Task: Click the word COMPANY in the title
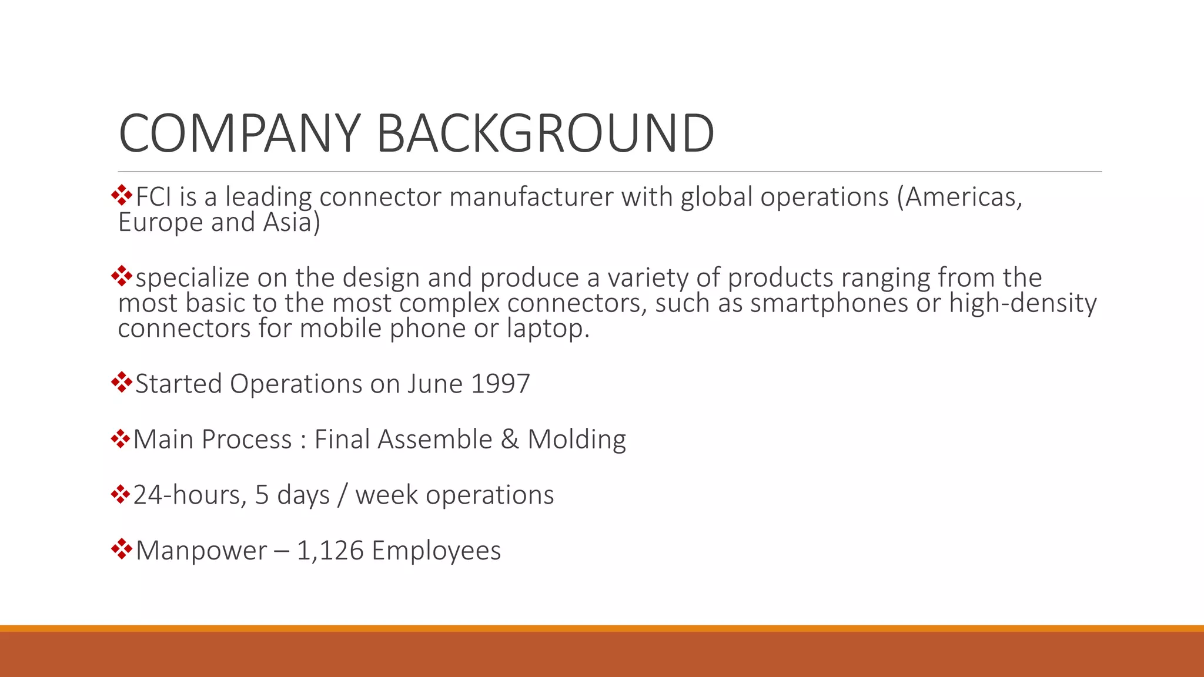pos(239,133)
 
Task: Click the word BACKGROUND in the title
pos(545,133)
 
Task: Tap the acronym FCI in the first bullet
pos(155,197)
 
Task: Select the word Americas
pos(963,197)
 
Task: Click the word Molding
pos(577,440)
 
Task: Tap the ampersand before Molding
pos(510,440)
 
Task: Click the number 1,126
pos(330,551)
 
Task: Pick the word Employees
pos(436,551)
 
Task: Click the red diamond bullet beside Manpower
pos(121,549)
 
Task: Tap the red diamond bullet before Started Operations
pos(121,382)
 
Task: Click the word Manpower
pos(201,551)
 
